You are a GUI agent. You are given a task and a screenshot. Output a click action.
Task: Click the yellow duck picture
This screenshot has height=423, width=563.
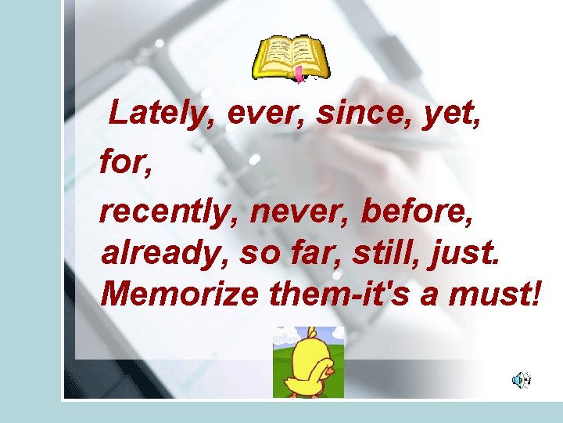(308, 362)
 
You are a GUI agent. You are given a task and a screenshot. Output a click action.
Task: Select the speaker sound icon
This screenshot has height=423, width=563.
(521, 381)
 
